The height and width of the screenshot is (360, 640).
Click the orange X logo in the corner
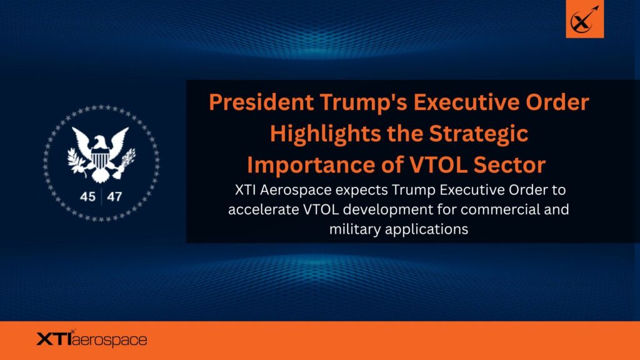(x=584, y=19)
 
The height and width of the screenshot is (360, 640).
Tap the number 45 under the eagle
(x=87, y=197)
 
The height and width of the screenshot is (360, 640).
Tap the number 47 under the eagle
(x=114, y=197)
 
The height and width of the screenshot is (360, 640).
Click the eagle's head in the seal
(x=100, y=142)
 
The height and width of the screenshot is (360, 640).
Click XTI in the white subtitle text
(x=245, y=190)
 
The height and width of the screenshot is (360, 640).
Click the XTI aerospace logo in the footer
(x=92, y=339)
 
